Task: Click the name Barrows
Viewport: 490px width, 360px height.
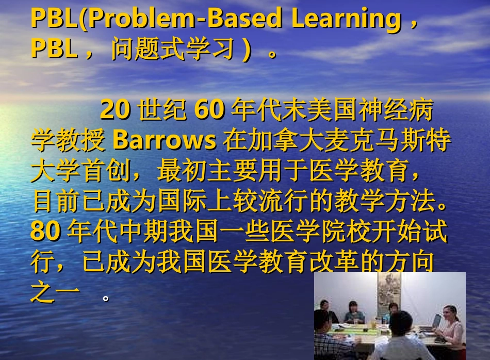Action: click(x=164, y=140)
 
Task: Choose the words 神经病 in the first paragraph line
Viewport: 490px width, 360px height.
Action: click(x=395, y=110)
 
